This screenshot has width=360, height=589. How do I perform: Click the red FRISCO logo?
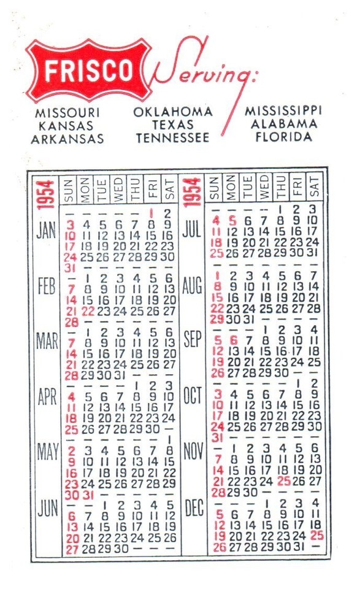pos(88,71)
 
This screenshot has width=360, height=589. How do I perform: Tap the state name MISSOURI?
pos(67,114)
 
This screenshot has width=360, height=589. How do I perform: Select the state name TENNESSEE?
pos(172,138)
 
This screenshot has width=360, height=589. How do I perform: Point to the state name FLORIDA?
pos(283,136)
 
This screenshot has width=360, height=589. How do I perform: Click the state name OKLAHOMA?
pos(173,112)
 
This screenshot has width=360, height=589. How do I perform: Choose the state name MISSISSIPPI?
pos(283,111)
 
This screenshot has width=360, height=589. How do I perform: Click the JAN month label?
pos(47,231)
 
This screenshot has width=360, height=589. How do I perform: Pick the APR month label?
pos(47,397)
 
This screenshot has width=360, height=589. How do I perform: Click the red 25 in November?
pos(283,481)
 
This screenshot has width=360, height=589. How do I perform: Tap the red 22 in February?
pos(88,311)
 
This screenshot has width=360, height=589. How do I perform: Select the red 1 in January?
pos(151,213)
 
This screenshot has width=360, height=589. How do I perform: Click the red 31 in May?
pos(88,495)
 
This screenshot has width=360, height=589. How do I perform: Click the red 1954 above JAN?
pos(47,193)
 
